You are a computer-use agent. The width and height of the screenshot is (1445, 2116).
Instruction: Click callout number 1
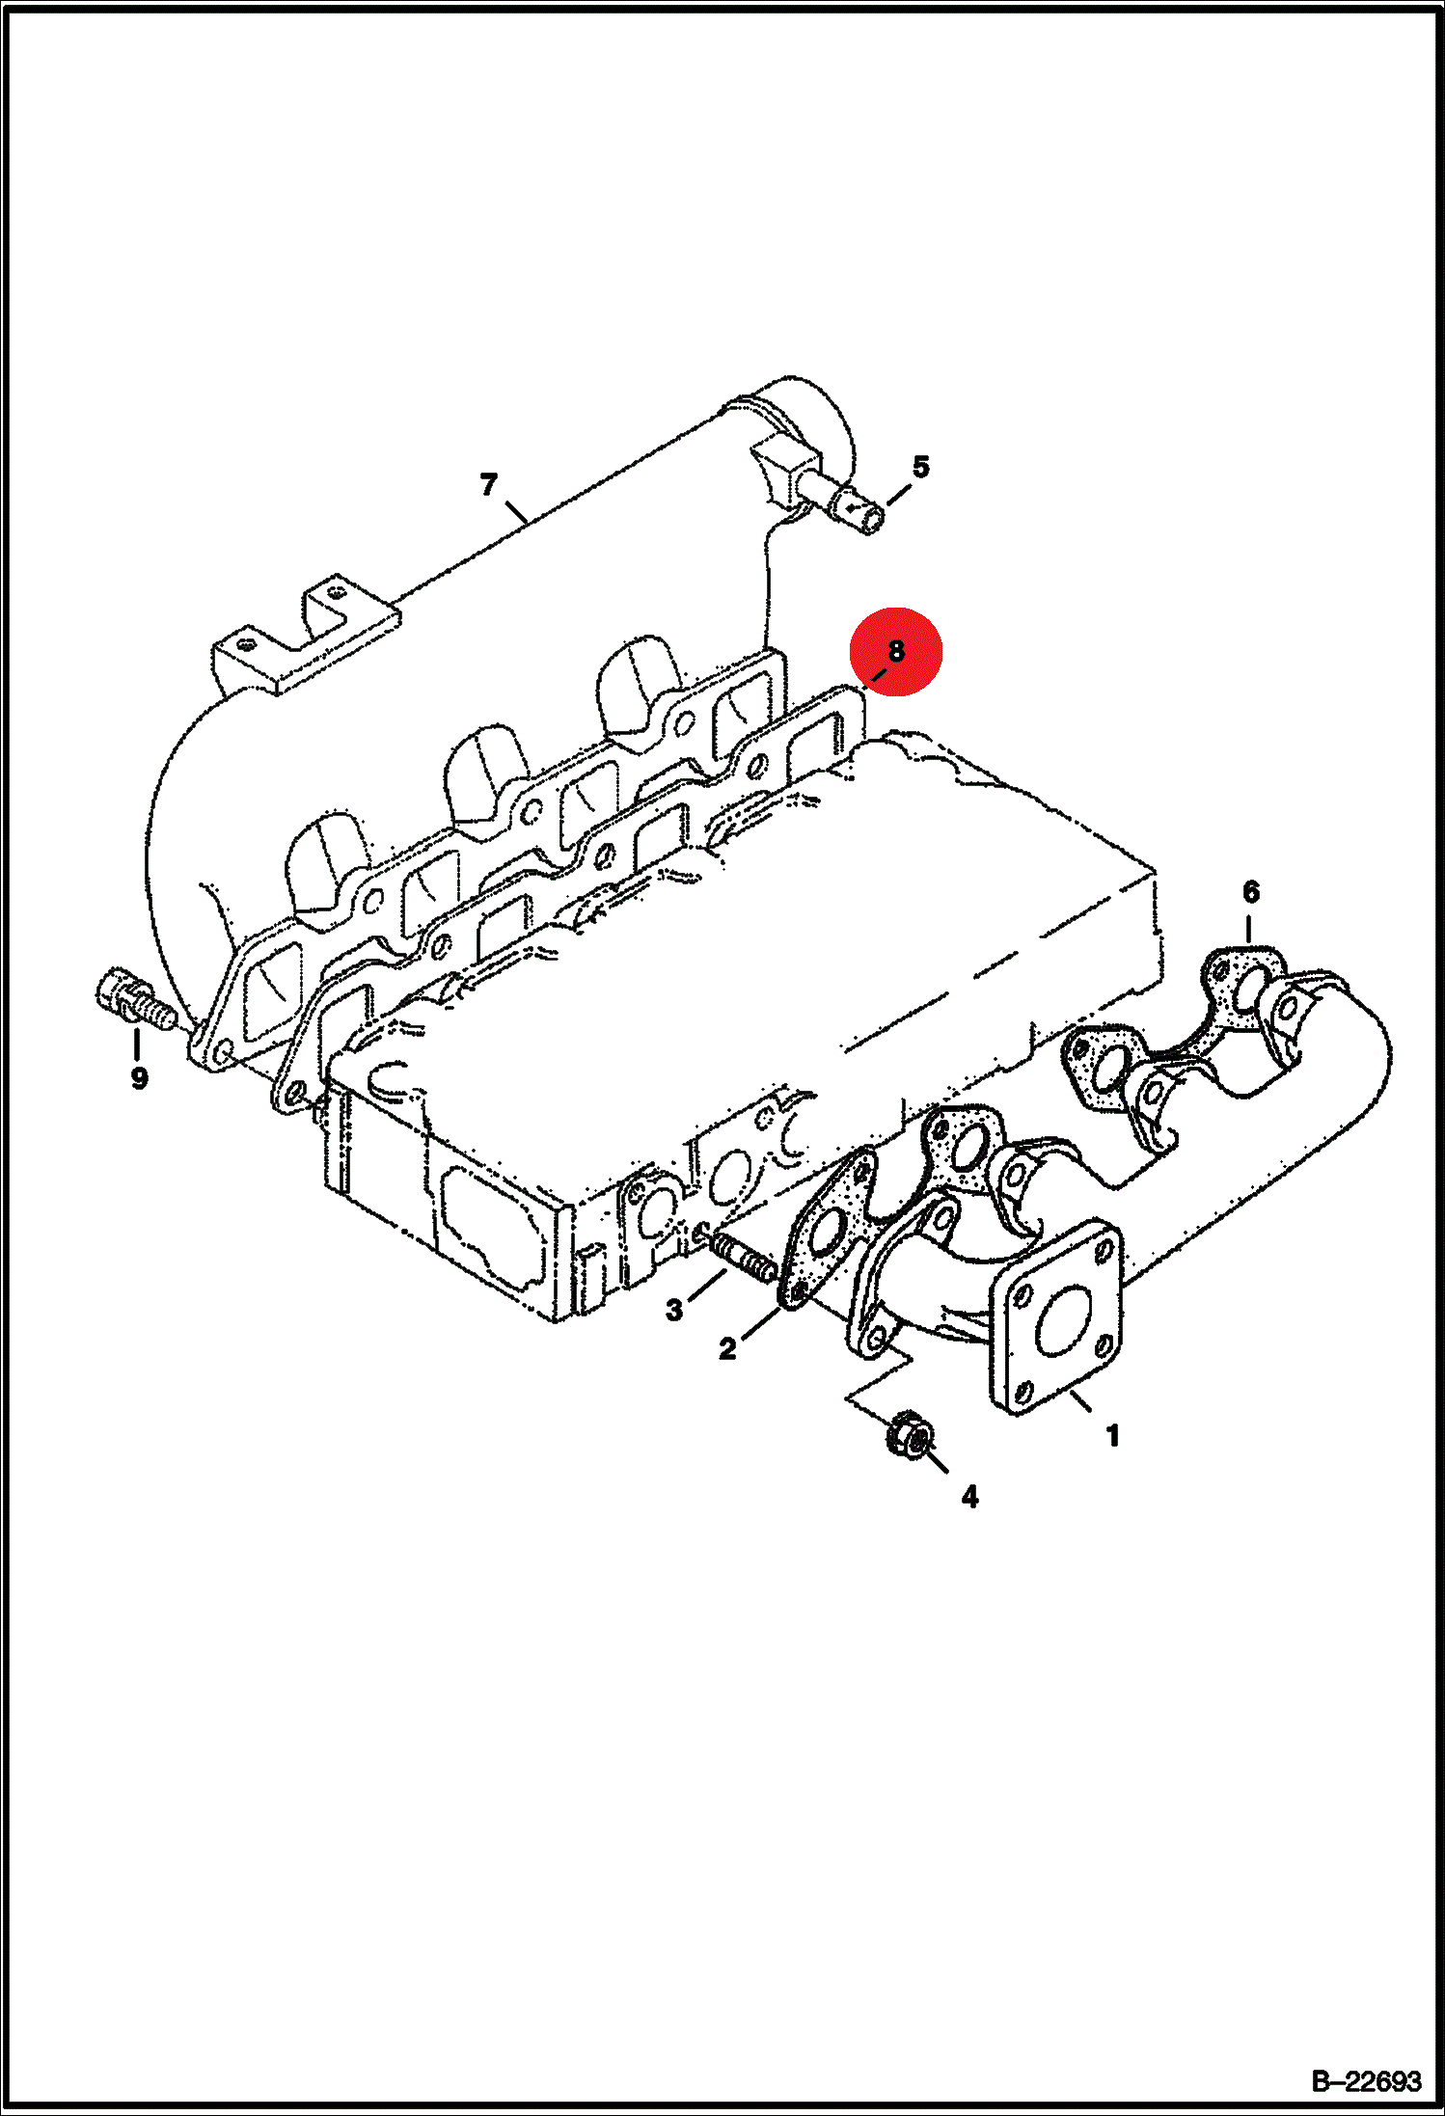[1112, 1436]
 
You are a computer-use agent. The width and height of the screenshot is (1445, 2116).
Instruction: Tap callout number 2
[727, 1348]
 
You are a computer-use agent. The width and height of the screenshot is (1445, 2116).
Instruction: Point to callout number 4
[969, 1496]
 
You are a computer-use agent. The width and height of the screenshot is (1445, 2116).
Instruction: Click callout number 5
[921, 467]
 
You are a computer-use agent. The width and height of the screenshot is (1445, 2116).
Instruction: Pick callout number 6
[1250, 891]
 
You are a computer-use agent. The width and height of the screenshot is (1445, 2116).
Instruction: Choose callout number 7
[489, 483]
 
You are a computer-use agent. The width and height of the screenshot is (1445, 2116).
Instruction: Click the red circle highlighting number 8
[895, 651]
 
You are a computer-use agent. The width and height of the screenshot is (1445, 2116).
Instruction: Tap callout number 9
[139, 1077]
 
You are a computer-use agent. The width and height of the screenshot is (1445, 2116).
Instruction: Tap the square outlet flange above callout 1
[1056, 1317]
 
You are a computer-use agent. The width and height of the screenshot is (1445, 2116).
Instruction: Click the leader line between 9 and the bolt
[136, 1044]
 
